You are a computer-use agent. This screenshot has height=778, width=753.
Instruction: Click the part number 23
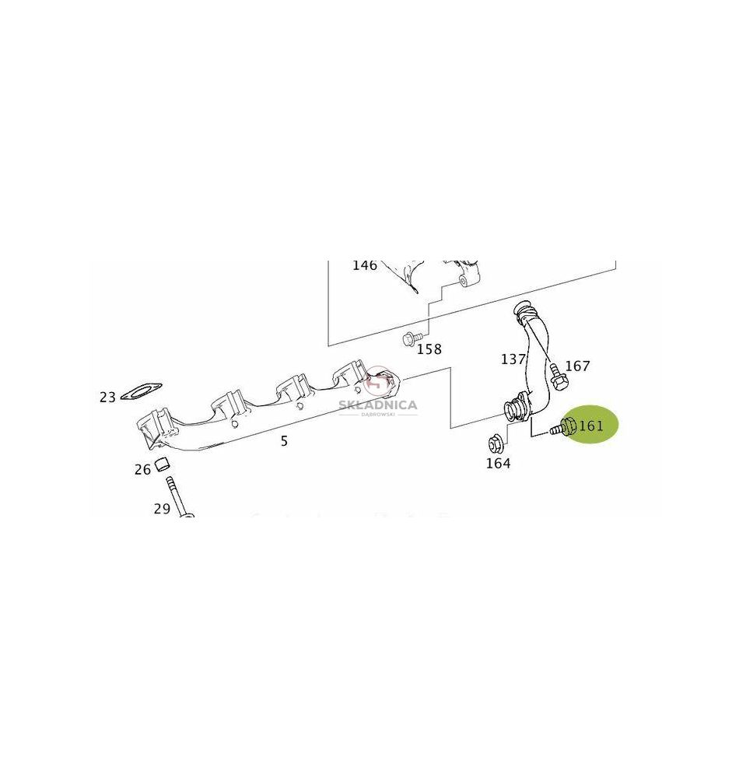coord(107,398)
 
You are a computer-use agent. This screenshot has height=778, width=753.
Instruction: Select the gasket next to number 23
coord(141,391)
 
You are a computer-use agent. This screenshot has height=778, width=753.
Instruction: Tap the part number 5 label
coord(284,440)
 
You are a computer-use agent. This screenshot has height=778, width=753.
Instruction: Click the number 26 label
coord(142,469)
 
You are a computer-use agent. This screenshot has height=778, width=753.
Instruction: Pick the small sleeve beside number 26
coord(163,465)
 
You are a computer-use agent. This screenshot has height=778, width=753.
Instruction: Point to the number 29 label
coord(162,509)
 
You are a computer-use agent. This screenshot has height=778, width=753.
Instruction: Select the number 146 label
coord(365,265)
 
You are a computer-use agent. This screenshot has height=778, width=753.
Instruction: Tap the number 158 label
coord(429,349)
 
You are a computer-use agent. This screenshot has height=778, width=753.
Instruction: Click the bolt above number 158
coord(411,339)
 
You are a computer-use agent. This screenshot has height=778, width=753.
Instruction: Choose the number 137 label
coord(513,359)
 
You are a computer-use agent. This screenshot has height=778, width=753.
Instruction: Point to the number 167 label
coord(577,366)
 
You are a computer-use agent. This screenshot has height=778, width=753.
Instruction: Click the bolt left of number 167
coord(558,376)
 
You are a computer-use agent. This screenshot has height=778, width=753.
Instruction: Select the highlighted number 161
coord(590,426)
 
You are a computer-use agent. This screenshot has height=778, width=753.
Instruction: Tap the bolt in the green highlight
coord(562,427)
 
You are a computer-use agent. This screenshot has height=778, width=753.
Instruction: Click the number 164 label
coord(498,464)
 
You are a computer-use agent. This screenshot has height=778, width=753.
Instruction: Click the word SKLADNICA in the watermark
coord(378,405)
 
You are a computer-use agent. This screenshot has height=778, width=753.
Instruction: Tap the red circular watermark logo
coord(377,383)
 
